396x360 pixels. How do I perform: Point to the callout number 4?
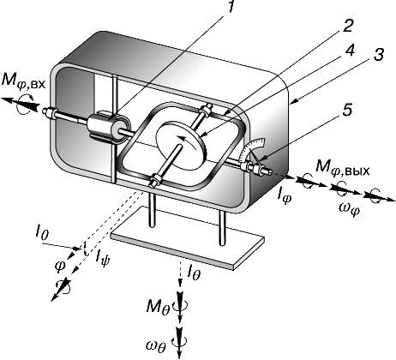[348, 51]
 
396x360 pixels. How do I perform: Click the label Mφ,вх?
[23, 81]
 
